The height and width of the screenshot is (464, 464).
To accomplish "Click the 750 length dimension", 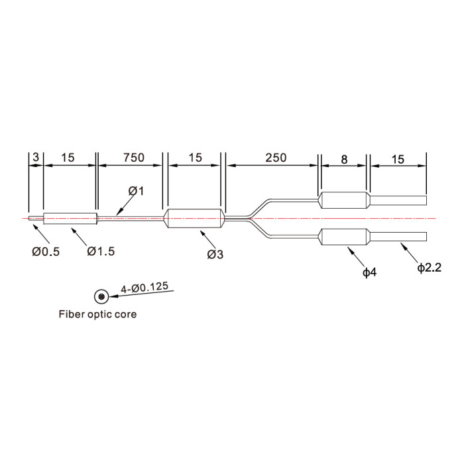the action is pos(134,158).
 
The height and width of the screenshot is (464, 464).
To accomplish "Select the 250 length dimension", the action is pos(276,158).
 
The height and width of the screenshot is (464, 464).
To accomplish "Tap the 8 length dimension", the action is pos(344,160).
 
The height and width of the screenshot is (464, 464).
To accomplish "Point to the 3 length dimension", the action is pos(36,157).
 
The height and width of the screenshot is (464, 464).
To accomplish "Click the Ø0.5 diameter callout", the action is pos(46,252).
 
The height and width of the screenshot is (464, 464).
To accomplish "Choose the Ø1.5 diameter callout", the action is pos(101,251).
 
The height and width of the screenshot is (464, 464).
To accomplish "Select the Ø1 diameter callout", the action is pos(136,191).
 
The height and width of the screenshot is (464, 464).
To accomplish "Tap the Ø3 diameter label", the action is pos(215,254).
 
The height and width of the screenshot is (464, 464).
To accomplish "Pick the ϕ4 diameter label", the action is pos(370,272).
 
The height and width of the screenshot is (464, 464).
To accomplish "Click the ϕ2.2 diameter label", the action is pos(429,268).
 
